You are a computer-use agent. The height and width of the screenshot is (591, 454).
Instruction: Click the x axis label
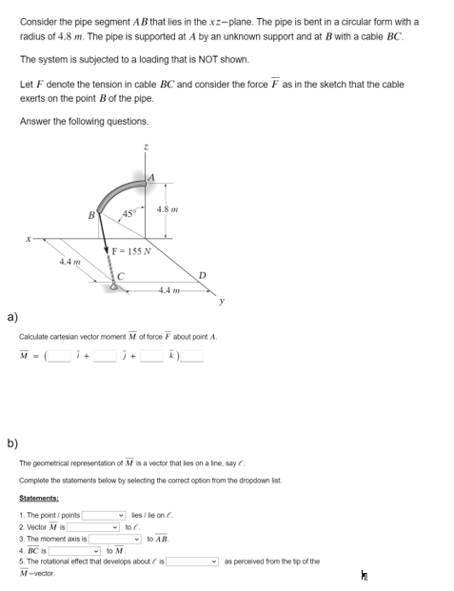pos(31,239)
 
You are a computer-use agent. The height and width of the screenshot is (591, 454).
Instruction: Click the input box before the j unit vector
pos(106,357)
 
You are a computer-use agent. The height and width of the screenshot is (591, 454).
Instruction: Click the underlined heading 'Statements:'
pos(39,498)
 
